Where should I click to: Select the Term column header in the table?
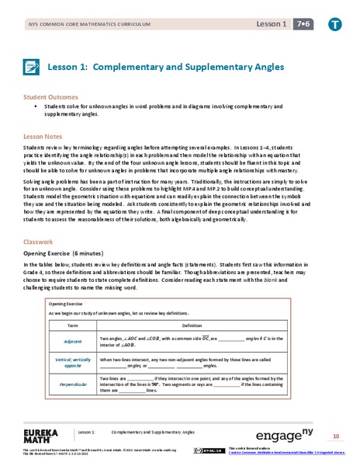coord(74,325)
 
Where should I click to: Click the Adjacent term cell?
coord(74,341)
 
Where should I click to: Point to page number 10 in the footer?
coord(336,436)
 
